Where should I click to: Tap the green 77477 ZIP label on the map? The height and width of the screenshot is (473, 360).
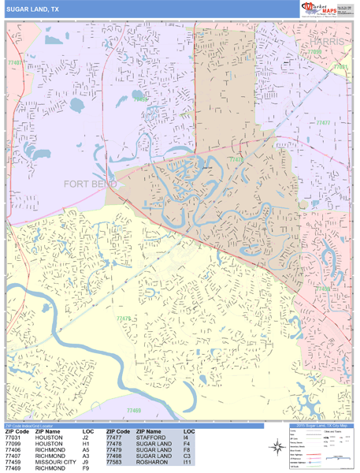(x=323, y=123)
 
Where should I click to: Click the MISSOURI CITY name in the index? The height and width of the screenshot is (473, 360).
(x=55, y=462)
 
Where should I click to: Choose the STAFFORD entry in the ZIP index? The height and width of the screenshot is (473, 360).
(x=151, y=438)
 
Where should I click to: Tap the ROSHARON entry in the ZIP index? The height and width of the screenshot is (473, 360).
(x=152, y=462)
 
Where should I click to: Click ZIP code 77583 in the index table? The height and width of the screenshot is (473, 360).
(x=117, y=462)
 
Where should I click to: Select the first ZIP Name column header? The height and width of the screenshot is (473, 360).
(x=50, y=432)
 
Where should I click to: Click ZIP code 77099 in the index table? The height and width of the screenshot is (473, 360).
(x=16, y=445)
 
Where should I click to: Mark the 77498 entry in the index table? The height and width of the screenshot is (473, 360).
(x=117, y=456)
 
